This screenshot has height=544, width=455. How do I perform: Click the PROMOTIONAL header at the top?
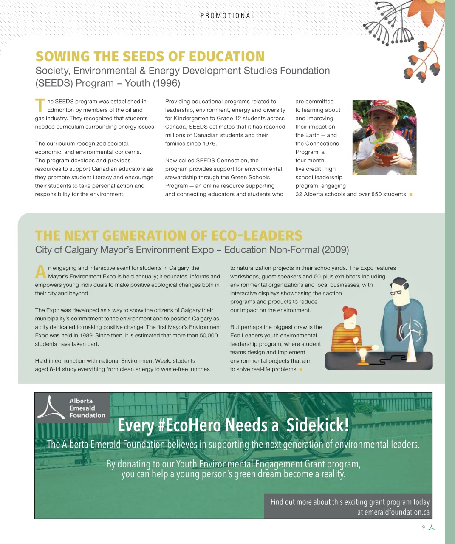[x=228, y=16]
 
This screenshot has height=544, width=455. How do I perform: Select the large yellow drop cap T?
[x=40, y=105]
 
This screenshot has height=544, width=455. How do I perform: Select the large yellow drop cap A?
[x=40, y=272]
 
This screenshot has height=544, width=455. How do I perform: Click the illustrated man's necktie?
[x=399, y=323]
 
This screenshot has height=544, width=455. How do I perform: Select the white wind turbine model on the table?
[x=412, y=340]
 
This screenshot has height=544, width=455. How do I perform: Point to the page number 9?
[x=424, y=527]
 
